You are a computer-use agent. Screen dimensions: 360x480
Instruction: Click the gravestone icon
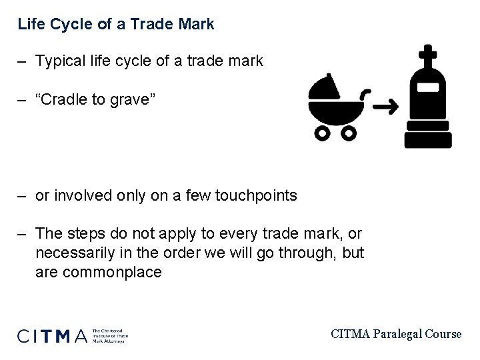pyautogui.click(x=428, y=100)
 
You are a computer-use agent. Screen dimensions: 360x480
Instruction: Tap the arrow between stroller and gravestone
pyautogui.click(x=385, y=106)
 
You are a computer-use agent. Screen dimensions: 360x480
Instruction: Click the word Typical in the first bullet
pyautogui.click(x=59, y=61)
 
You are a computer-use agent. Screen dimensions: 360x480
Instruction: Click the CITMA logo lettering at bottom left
pyautogui.click(x=52, y=335)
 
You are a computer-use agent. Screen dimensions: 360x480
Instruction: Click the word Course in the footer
pyautogui.click(x=442, y=333)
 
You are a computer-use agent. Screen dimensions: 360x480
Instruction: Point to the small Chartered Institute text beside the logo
pyautogui.click(x=109, y=335)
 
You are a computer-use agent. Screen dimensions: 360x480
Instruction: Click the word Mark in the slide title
pyautogui.click(x=198, y=25)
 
